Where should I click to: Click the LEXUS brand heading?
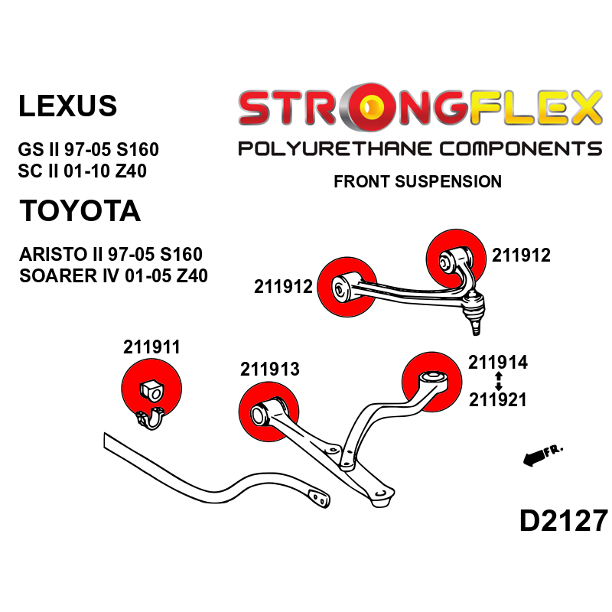point(67,106)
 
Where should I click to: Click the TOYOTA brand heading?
point(80,211)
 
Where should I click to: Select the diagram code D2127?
point(564,521)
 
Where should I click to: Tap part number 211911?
point(151,347)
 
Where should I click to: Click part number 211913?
point(270,369)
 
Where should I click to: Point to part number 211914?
point(498,362)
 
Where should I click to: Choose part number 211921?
point(498,399)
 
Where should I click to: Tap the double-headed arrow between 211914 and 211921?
point(499,381)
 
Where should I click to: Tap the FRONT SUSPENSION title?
point(418,181)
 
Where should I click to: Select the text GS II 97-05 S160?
point(88,149)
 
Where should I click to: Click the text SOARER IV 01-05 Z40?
point(113,275)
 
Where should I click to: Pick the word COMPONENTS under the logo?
point(521,149)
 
